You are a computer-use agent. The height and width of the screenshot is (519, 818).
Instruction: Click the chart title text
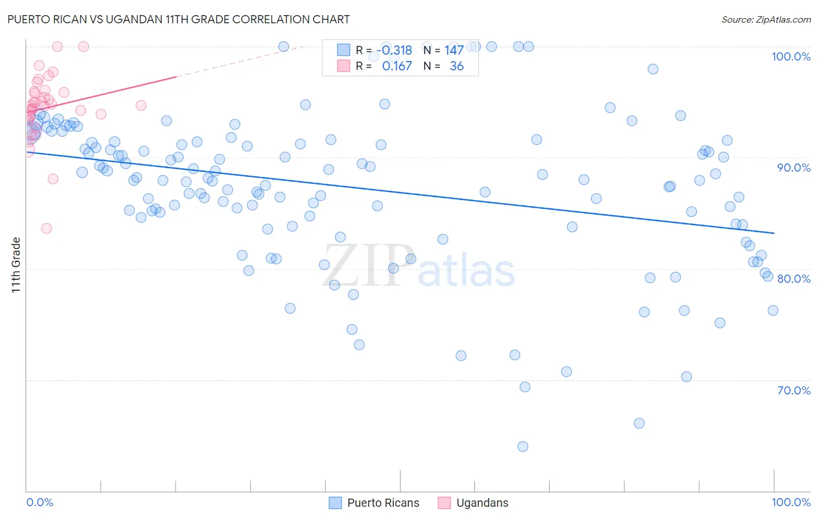[179, 19]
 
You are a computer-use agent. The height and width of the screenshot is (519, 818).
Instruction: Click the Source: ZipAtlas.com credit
[766, 20]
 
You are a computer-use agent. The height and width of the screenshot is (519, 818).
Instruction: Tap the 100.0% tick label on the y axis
[791, 56]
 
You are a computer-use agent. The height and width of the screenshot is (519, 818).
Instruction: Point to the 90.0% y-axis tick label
[794, 168]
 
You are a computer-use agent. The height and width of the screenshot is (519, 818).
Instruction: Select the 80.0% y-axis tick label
[794, 279]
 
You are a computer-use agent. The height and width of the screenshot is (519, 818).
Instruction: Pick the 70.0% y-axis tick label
[794, 390]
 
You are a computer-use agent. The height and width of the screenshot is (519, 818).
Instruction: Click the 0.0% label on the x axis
[40, 502]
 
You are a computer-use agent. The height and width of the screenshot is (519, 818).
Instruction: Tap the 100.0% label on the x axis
[791, 502]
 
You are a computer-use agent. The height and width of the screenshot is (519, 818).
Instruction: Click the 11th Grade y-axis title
[16, 265]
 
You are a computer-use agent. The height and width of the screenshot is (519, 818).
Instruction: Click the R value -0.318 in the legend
[394, 51]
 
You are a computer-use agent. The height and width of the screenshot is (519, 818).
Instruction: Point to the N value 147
[454, 51]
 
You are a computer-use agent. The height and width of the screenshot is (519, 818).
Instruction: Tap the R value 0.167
[397, 66]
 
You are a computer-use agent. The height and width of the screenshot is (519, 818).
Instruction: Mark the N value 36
[457, 66]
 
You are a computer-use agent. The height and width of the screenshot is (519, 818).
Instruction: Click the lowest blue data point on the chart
[522, 446]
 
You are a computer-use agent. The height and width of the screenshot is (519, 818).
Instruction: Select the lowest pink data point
[47, 228]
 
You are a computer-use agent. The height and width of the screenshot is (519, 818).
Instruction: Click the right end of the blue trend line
[774, 233]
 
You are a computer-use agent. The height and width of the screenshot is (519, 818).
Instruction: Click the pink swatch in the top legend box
[343, 66]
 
